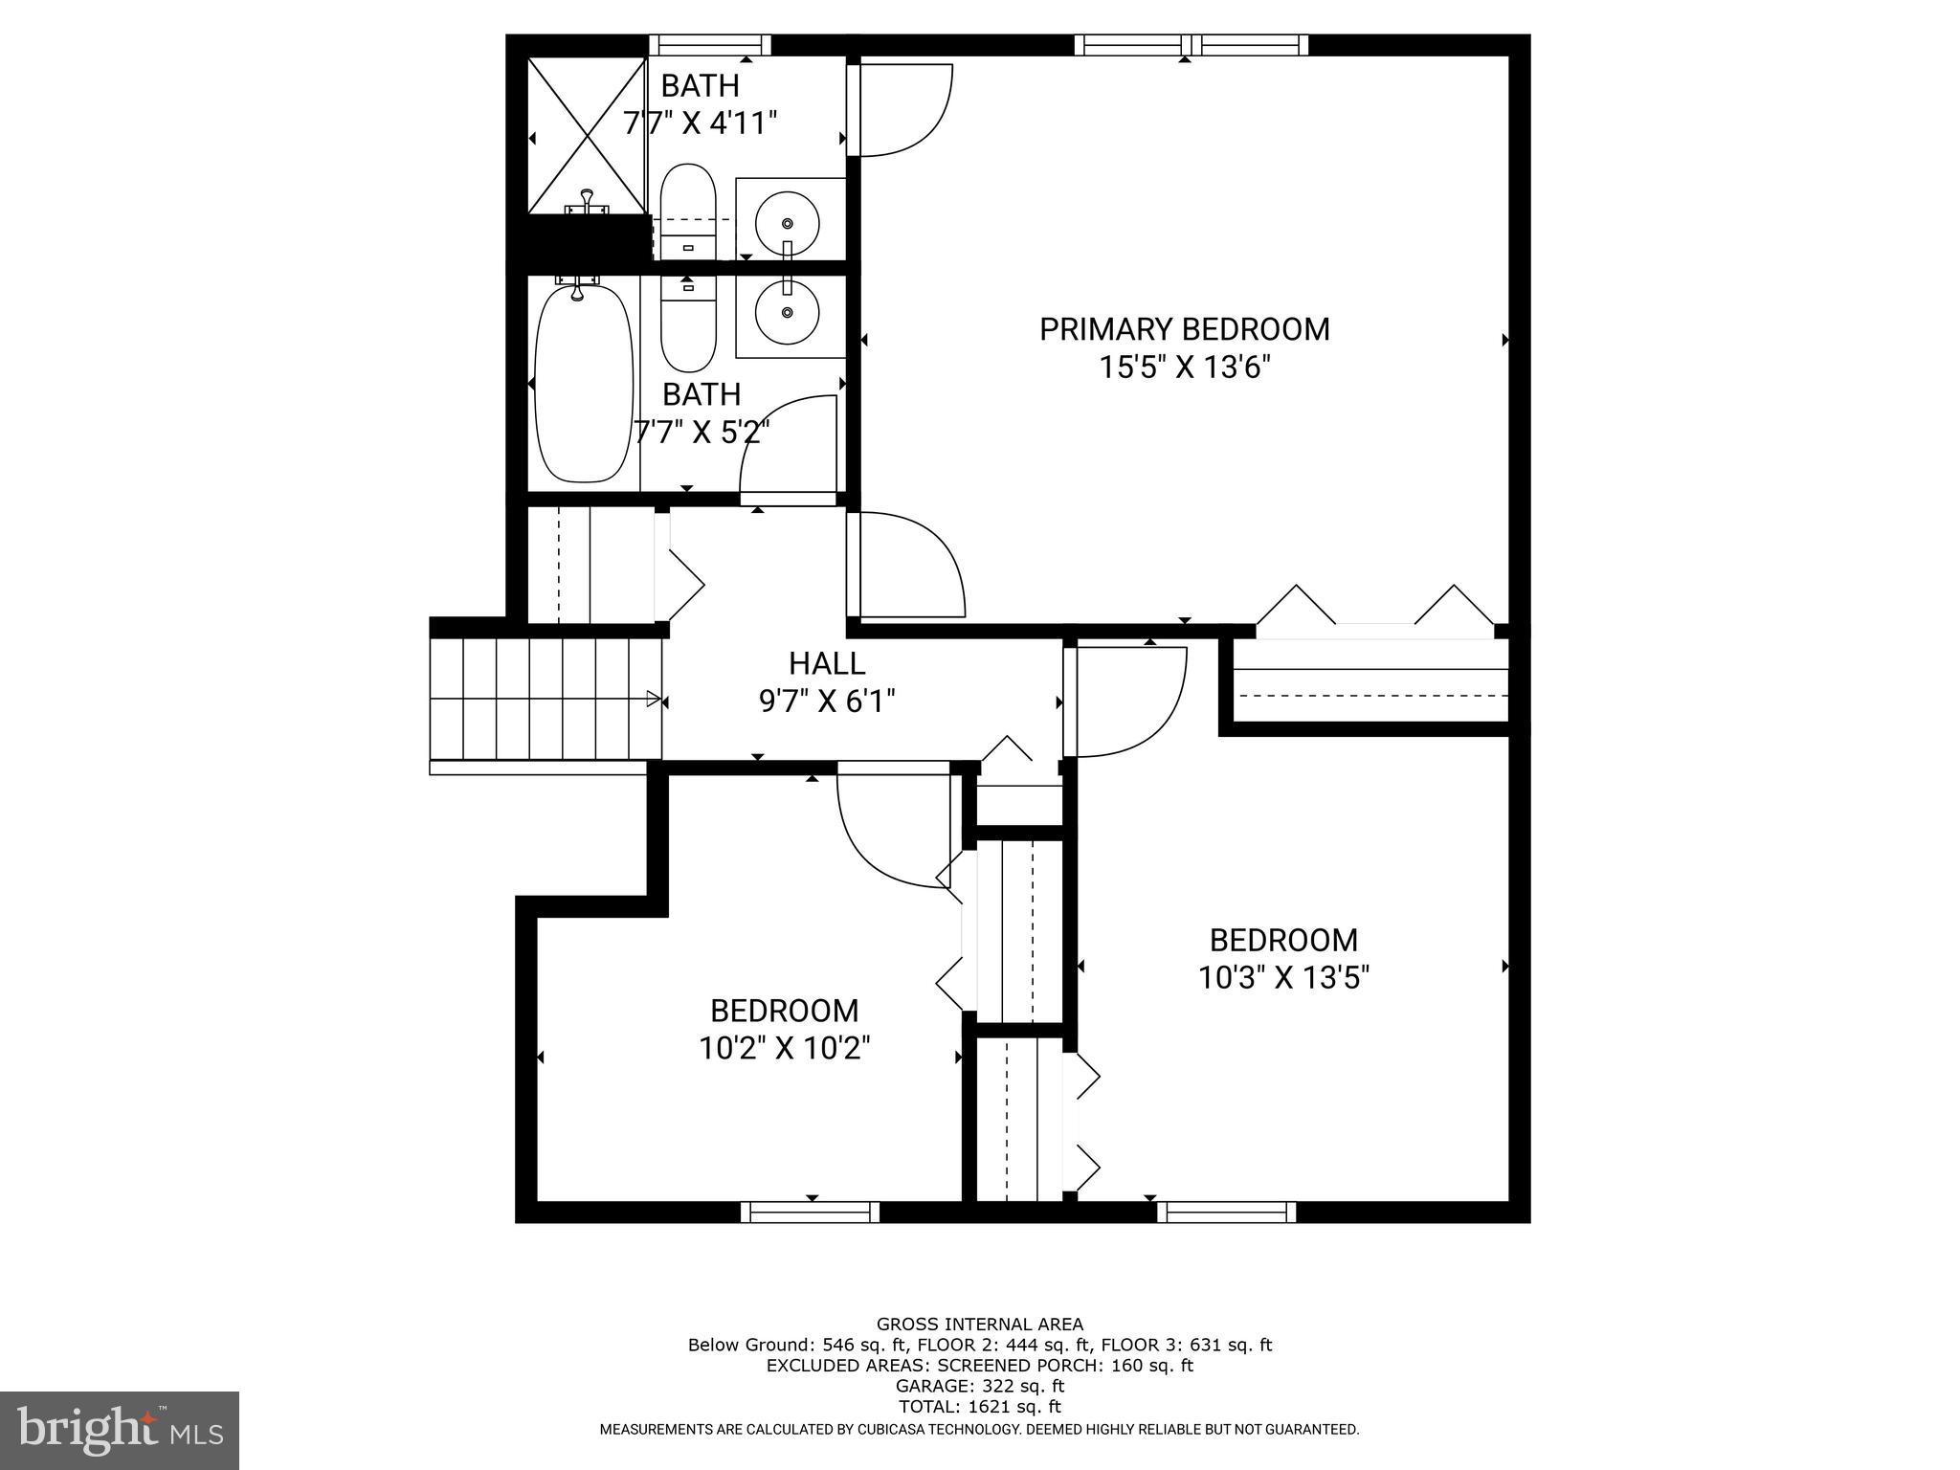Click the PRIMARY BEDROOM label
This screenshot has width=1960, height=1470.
tap(1184, 329)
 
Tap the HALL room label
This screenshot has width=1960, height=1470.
tap(827, 663)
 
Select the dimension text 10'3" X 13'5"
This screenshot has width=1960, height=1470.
tap(1283, 978)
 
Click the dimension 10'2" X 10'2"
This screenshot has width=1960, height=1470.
tap(784, 1049)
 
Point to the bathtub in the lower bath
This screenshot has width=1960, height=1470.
tap(583, 384)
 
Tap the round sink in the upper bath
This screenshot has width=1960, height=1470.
tap(787, 223)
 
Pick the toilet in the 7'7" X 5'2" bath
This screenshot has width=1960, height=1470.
tap(688, 325)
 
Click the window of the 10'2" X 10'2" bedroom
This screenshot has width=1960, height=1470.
tap(810, 1213)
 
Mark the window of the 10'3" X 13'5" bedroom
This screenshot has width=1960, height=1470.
tap(1226, 1213)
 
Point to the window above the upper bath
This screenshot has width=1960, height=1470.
tap(709, 45)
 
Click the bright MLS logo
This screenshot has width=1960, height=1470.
tap(120, 1430)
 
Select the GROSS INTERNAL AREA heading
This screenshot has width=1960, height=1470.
tap(980, 1325)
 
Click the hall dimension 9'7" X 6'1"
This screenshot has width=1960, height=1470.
tap(827, 702)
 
